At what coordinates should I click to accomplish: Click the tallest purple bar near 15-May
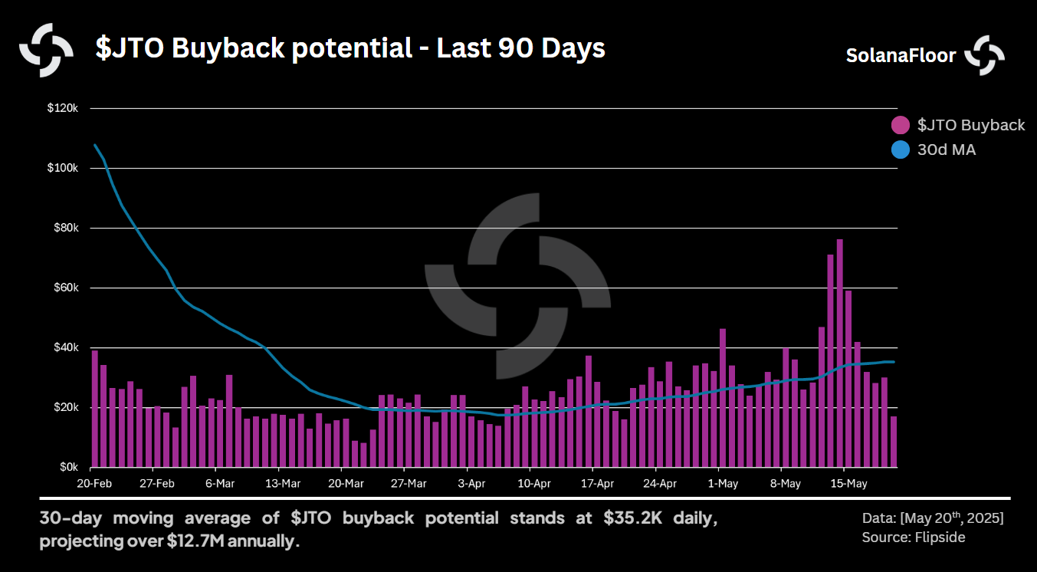839,353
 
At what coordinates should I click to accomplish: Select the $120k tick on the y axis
63,108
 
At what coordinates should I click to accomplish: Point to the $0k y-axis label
69,467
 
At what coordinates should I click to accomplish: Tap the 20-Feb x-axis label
94,484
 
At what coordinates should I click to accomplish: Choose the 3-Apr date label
471,484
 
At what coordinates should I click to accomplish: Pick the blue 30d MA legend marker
901,150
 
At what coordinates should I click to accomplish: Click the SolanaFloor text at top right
901,56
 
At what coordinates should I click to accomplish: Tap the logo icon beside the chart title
46,50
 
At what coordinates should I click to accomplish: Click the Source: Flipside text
914,537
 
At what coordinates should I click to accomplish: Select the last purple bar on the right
894,442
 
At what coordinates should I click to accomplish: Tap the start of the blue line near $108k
95,145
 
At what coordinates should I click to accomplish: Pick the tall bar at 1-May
722,398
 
